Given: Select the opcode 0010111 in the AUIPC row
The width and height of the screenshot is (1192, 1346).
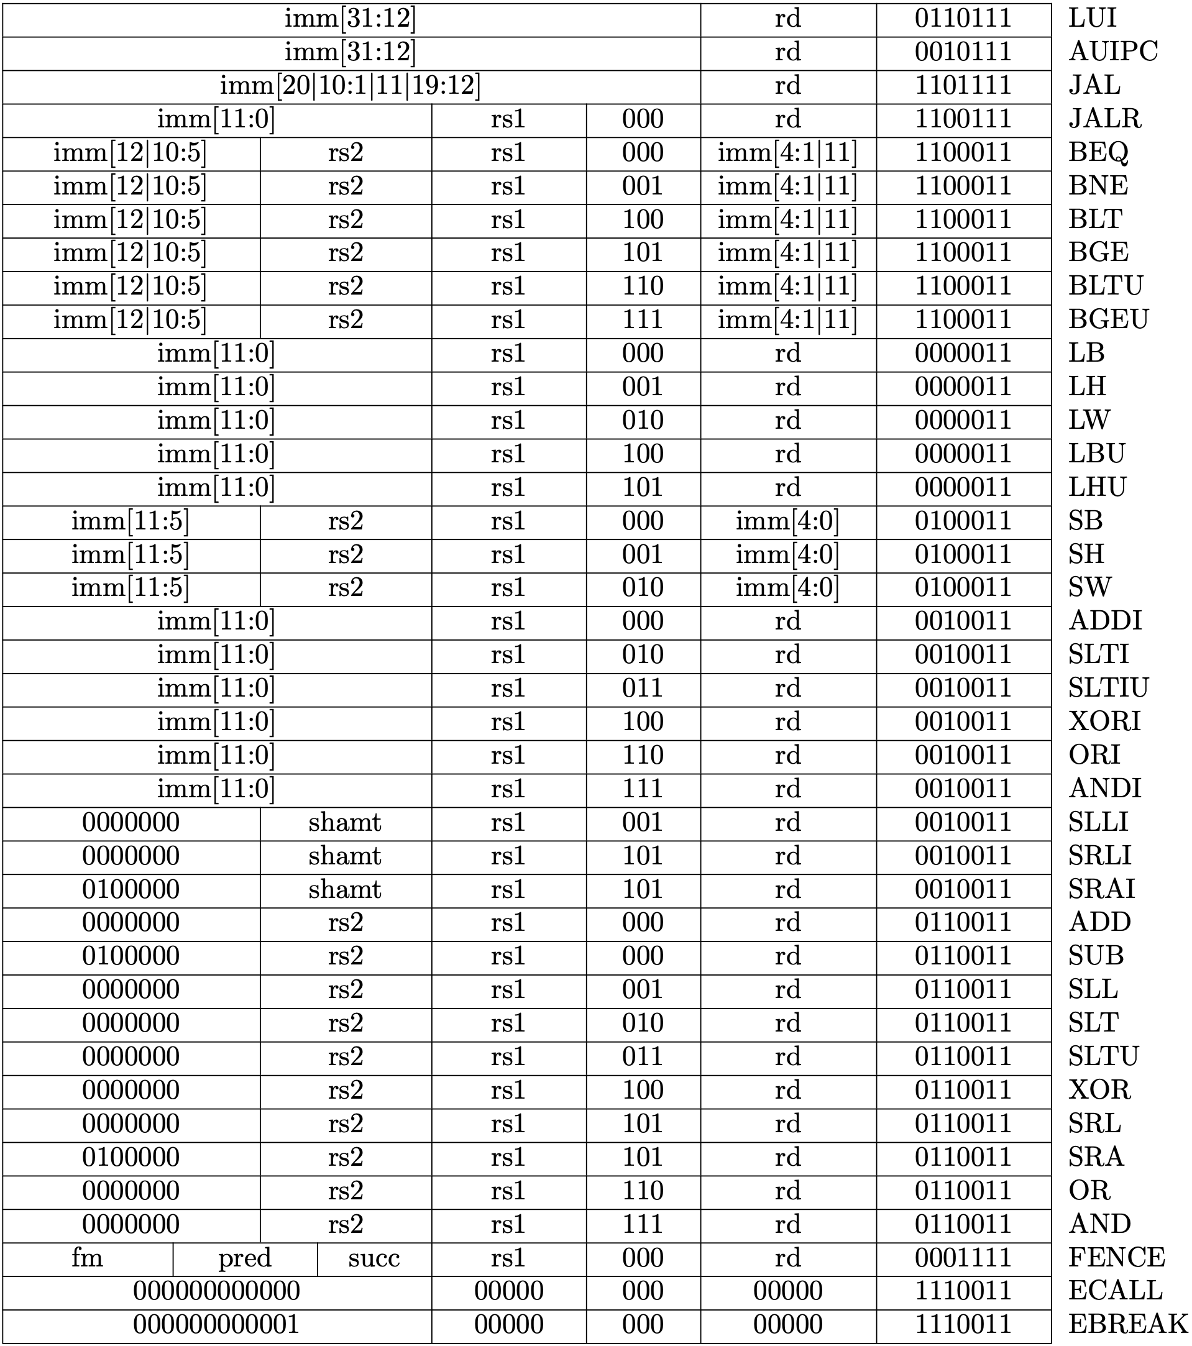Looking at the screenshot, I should click(x=963, y=52).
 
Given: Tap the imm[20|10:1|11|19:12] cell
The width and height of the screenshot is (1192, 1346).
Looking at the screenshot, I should click(x=351, y=86).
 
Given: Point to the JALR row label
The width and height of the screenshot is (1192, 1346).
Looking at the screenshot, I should click(x=1104, y=119).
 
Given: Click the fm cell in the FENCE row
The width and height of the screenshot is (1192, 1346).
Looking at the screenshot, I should click(x=88, y=1258).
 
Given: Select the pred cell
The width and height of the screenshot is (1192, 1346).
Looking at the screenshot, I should click(x=245, y=1258).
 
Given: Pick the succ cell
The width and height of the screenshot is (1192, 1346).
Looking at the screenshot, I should click(x=374, y=1258).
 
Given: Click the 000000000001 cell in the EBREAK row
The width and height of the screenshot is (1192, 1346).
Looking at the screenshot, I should click(x=217, y=1324).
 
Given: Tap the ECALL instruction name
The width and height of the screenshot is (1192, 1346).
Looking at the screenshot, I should click(x=1115, y=1291).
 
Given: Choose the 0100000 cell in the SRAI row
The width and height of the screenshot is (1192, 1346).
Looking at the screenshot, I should click(x=131, y=889).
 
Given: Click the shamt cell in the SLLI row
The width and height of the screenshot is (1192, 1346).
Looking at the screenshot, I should click(x=345, y=822).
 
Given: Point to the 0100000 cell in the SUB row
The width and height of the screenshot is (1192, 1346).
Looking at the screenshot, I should click(x=131, y=956).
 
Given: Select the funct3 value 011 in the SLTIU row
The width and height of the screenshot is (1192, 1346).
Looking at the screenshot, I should click(x=643, y=687).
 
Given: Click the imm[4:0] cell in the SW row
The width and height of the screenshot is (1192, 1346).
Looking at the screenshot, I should click(x=787, y=587).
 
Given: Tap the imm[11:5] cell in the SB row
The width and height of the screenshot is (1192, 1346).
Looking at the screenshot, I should click(x=131, y=521).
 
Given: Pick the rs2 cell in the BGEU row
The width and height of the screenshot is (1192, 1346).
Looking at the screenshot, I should click(x=346, y=319).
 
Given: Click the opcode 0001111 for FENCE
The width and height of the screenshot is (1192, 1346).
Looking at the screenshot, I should click(x=963, y=1258).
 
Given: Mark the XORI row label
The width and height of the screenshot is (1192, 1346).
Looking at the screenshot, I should click(x=1104, y=721).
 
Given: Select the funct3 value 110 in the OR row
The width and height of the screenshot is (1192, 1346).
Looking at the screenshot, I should click(x=643, y=1190).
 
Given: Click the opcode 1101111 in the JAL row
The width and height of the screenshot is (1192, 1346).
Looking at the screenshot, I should click(x=963, y=86).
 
